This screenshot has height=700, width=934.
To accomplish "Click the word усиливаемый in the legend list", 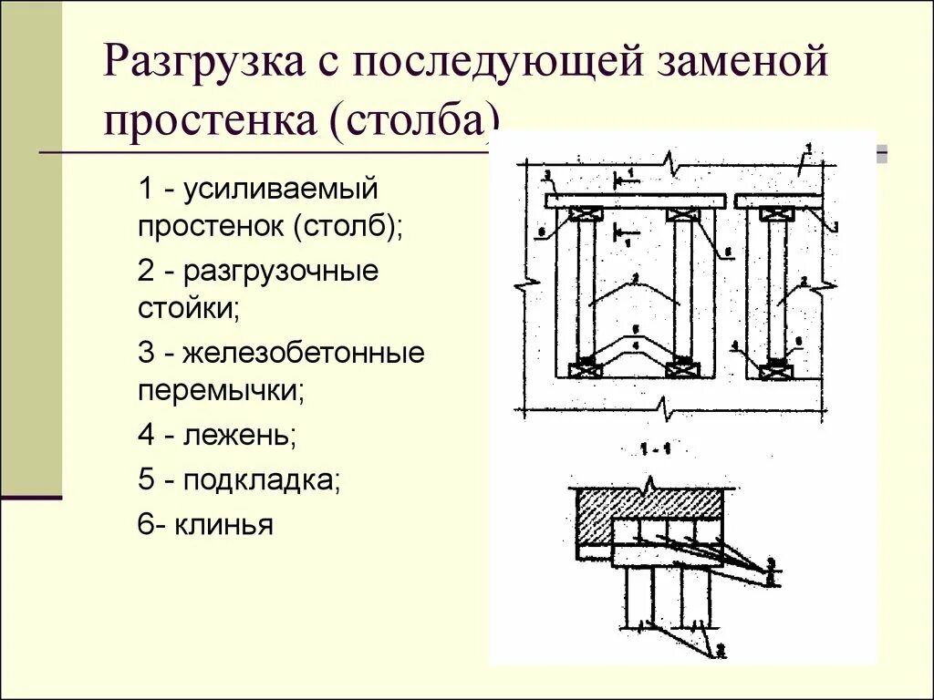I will pos(280,190).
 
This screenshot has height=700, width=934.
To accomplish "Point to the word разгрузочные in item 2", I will pos(280,272).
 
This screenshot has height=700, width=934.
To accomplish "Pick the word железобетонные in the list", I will pos(304,353).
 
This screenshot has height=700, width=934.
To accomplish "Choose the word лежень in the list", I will pos(239,435).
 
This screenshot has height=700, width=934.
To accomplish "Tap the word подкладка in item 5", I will pos(261,479).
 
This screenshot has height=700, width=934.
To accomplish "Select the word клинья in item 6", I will pos(226,525).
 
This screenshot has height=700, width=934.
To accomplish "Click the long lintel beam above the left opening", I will pos(636,201).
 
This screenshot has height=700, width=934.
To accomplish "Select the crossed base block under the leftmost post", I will pos(585,368).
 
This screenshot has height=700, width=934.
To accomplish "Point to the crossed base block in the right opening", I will pos(776,368).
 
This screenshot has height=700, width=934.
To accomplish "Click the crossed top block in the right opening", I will pos(776,215).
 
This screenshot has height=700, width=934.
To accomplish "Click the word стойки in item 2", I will pos(189,308).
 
